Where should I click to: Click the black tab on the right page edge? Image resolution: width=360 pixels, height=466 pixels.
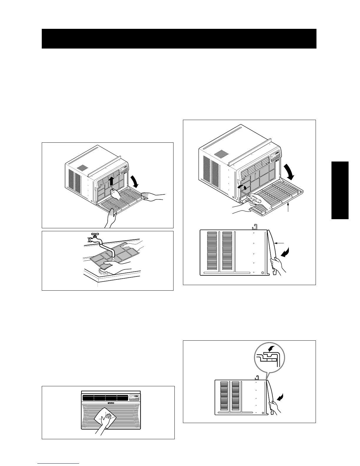(340, 190)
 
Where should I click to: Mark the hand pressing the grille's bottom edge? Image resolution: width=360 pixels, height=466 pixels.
(111, 218)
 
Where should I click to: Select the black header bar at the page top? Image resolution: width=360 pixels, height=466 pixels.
(179, 39)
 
